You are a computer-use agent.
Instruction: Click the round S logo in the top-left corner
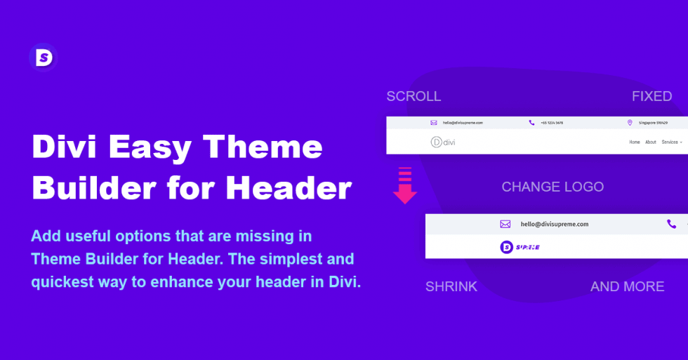click(43, 58)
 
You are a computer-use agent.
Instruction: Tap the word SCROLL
click(414, 96)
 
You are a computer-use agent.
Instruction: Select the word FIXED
click(651, 96)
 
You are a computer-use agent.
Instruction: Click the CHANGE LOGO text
click(553, 187)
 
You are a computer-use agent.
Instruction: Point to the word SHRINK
click(451, 286)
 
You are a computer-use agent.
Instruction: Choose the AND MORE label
click(627, 286)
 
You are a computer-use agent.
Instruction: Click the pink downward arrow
click(405, 187)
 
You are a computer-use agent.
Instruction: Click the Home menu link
click(635, 142)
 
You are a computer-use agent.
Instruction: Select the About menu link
click(651, 142)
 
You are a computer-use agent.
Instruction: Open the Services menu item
click(670, 142)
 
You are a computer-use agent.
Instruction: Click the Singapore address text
click(652, 123)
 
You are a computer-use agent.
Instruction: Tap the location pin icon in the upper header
click(630, 123)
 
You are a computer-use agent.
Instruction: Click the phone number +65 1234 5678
click(552, 123)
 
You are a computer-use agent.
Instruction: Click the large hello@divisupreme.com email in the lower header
click(554, 225)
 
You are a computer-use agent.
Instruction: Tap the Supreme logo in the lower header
click(520, 247)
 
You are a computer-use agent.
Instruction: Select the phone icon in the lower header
click(672, 225)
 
